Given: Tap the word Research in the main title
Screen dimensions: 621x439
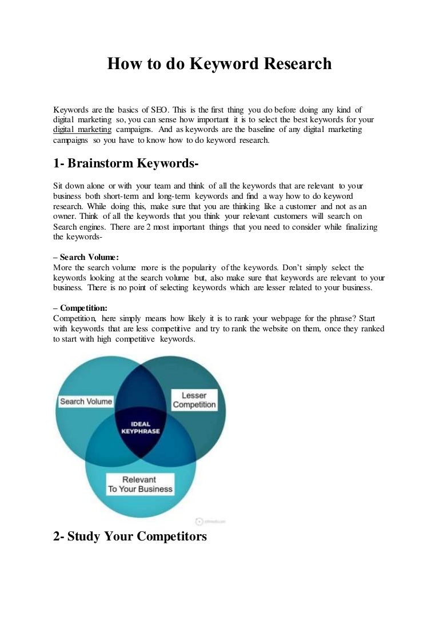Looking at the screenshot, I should pos(297,63).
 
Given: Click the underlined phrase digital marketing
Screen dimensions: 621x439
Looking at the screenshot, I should pos(82,130).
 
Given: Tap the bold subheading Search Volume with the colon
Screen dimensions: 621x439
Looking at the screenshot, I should pos(86,258).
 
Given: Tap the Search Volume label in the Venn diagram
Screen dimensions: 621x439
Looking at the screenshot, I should pos(86,402).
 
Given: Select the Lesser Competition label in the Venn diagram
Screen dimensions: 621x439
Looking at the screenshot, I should pos(194,400).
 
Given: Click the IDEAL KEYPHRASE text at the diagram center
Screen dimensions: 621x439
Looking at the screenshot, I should pos(141,427).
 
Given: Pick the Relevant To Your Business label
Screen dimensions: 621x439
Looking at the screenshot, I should pos(140,484).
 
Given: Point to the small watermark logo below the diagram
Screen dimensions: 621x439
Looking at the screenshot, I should pos(199,521).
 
